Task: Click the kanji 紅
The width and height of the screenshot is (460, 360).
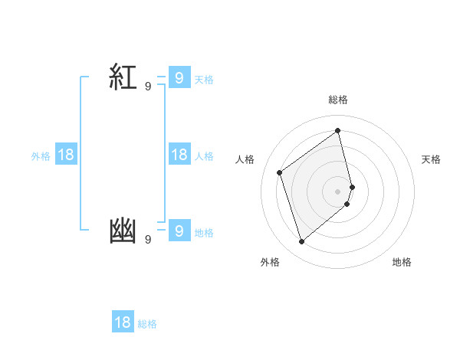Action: pos(123,77)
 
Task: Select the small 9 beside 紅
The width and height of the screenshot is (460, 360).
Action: pos(148,87)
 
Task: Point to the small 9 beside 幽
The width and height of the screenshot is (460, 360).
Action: pos(148,240)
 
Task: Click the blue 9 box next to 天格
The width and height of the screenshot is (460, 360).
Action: pos(179,77)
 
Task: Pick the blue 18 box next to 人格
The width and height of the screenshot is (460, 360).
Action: pos(179,155)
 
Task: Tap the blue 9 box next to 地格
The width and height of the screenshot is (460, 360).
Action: pos(179,231)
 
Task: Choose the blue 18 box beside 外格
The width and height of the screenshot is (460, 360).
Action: pos(66,155)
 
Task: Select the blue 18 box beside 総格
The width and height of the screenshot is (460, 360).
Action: pos(123,322)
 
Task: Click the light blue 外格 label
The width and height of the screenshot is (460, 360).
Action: pos(41,156)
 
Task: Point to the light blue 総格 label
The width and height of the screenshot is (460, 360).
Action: pos(147,325)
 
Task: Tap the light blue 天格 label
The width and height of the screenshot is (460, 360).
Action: pos(204,80)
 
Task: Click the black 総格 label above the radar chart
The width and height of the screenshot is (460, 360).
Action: pos(338,100)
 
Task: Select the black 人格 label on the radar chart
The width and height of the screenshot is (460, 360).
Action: pos(245,159)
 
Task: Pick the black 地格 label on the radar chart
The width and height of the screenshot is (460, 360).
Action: pos(402,262)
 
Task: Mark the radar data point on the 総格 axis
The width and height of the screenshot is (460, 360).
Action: pos(338,130)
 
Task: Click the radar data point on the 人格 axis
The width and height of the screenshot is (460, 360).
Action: pos(280,172)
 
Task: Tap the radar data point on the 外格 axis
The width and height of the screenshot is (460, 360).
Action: pos(301,242)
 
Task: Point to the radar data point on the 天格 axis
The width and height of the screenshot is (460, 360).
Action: pos(352,186)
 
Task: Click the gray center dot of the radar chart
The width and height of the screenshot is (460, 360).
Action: pos(338,191)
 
